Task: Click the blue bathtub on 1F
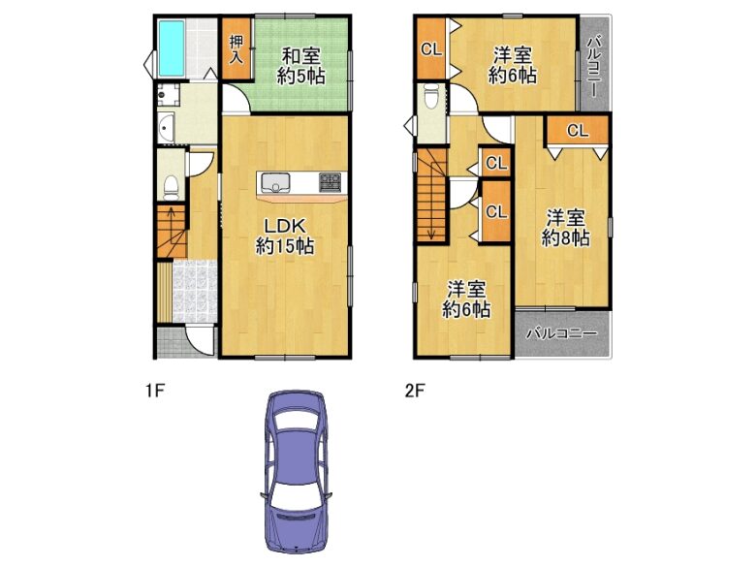[x=172, y=47]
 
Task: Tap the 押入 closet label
[x=236, y=49]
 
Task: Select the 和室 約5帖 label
[x=300, y=66]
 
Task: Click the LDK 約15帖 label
[x=284, y=236]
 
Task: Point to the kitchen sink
[x=276, y=183]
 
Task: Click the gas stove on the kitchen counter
[x=330, y=182]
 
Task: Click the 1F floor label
[x=156, y=391]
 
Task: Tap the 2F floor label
[x=415, y=391]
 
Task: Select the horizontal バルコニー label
[x=562, y=333]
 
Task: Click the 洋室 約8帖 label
[x=566, y=228]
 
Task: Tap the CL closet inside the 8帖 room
[x=578, y=131]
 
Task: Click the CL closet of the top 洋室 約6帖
[x=431, y=48]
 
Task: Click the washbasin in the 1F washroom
[x=166, y=128]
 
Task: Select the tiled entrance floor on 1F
[x=195, y=292]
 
